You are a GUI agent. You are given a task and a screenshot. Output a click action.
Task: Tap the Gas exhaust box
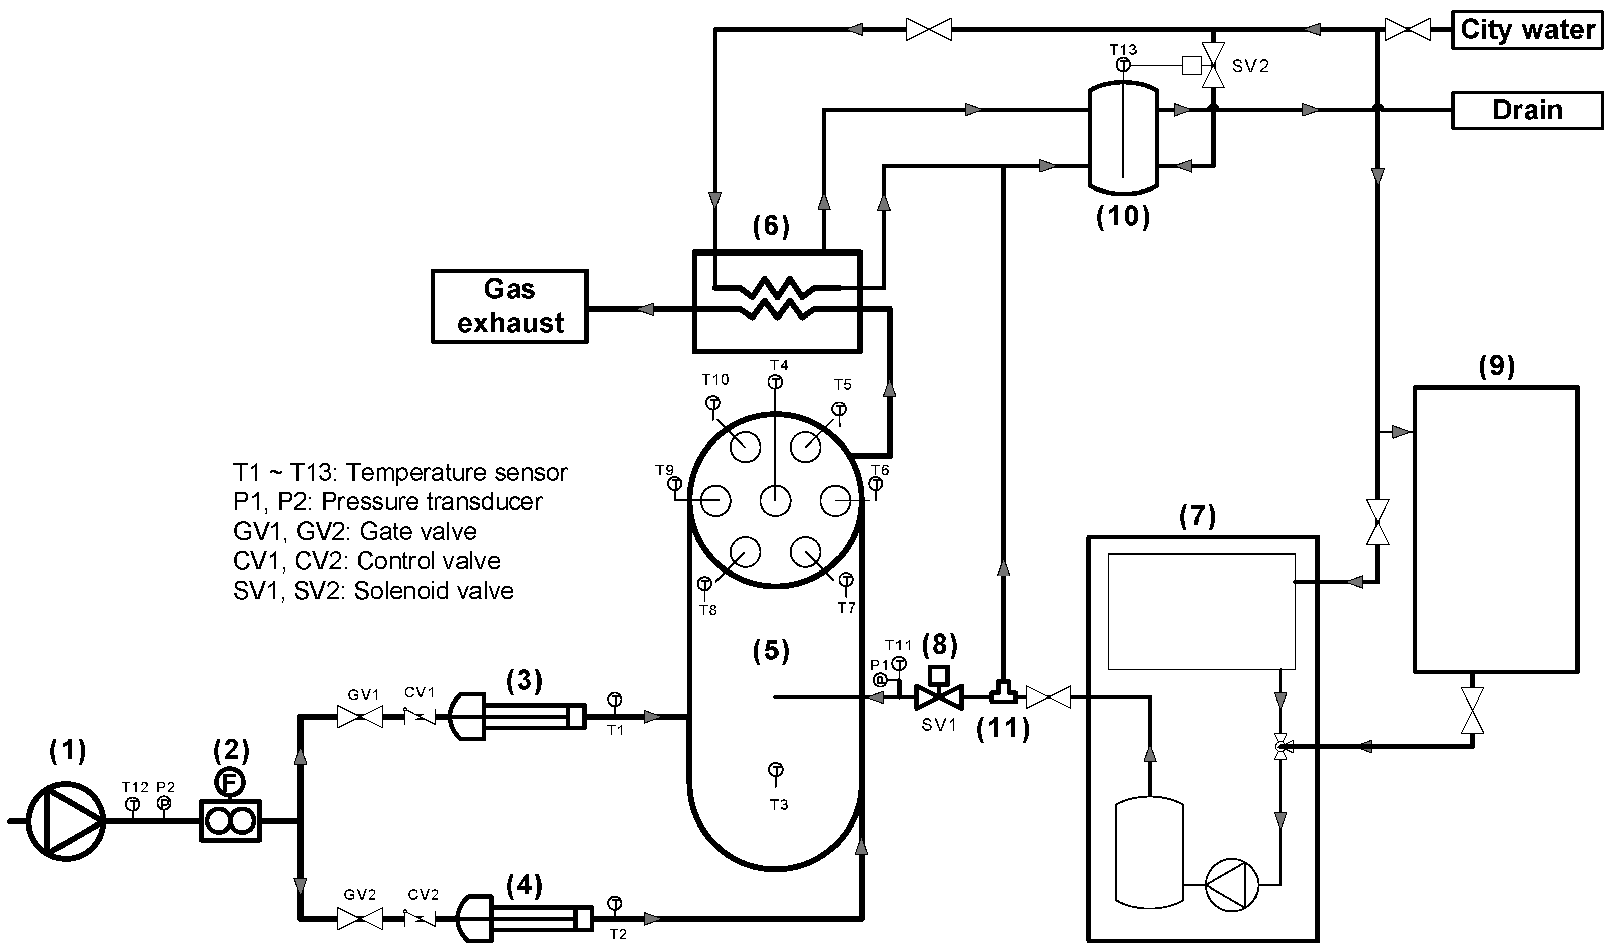tap(509, 306)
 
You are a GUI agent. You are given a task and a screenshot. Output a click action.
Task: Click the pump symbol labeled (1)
tap(66, 821)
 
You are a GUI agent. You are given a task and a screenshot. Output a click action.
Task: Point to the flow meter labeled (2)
tap(230, 820)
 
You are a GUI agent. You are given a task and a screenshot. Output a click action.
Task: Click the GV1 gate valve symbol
tap(360, 716)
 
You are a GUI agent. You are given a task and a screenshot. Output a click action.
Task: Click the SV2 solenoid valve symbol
tap(1213, 65)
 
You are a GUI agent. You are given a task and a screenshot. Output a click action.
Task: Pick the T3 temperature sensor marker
tap(776, 769)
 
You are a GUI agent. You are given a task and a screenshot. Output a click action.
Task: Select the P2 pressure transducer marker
tap(164, 803)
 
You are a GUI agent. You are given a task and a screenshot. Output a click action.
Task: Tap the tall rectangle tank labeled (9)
tap(1496, 529)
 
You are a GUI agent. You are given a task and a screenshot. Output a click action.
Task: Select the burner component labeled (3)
tap(516, 716)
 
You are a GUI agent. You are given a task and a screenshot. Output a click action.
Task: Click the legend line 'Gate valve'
tap(355, 531)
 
